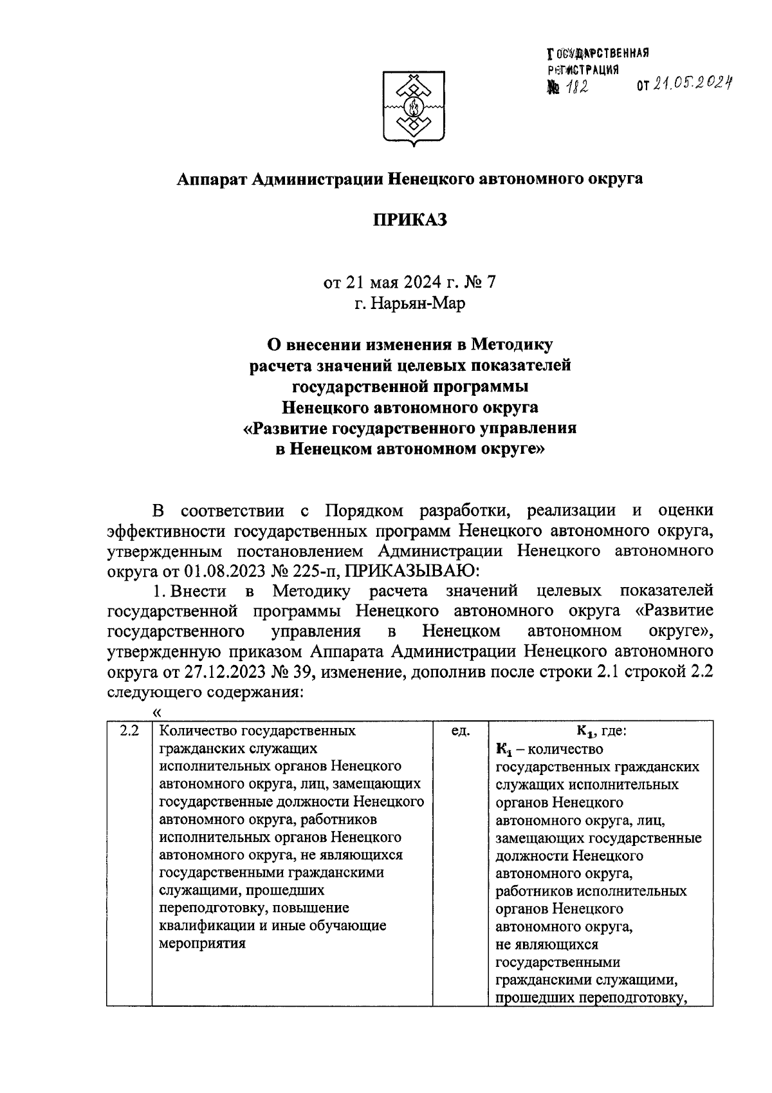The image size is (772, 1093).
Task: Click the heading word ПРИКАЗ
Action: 410,220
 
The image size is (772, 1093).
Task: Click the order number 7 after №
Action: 492,283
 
